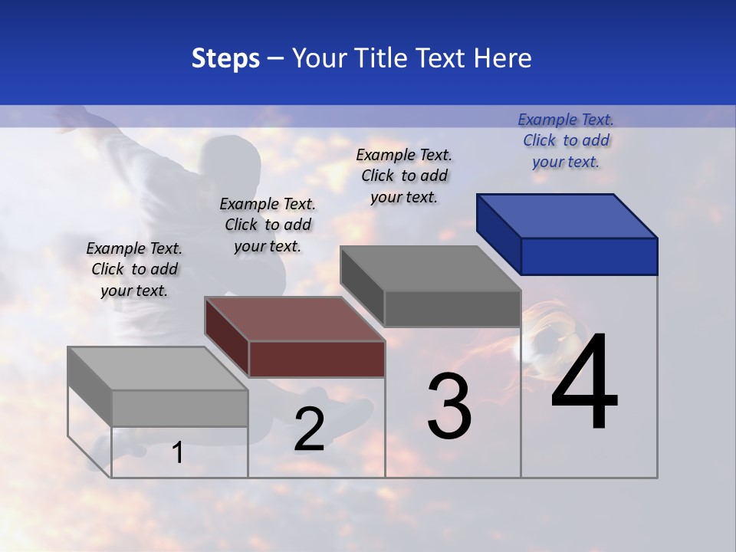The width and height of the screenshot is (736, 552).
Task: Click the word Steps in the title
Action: click(x=225, y=58)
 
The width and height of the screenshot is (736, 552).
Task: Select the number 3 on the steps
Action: click(x=449, y=406)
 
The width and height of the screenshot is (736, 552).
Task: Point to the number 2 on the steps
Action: click(x=309, y=429)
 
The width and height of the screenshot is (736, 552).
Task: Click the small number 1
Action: click(x=177, y=452)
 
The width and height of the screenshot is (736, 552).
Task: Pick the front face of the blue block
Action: click(x=589, y=256)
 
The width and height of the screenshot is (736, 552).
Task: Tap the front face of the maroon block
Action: click(x=317, y=359)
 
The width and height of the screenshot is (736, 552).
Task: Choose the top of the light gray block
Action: click(x=149, y=368)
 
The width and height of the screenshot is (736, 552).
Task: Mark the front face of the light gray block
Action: click(x=179, y=408)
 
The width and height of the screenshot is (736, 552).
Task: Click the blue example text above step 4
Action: click(x=566, y=140)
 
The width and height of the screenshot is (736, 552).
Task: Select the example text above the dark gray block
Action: click(x=404, y=176)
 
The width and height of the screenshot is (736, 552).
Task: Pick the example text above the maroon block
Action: click(x=268, y=225)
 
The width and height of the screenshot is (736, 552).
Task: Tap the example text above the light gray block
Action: click(x=134, y=269)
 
